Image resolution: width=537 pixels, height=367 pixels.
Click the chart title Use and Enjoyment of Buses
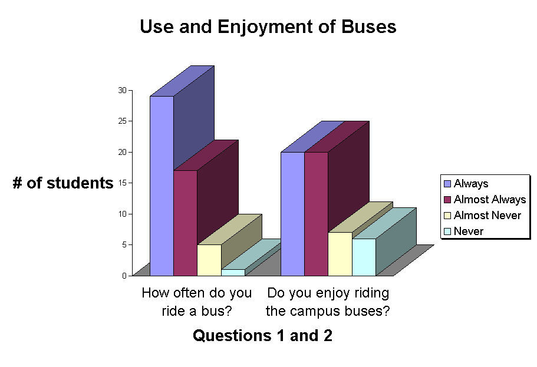click(x=268, y=27)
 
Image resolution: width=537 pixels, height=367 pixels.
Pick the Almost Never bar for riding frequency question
click(x=209, y=260)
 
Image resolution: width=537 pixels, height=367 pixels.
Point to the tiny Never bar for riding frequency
click(x=232, y=272)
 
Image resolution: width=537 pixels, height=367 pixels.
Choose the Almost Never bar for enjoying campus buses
click(x=340, y=254)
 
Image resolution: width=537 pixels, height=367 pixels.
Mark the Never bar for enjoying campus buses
click(x=363, y=257)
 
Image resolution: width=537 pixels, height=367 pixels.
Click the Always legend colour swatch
click(x=447, y=184)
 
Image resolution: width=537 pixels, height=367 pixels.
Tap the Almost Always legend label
click(x=489, y=200)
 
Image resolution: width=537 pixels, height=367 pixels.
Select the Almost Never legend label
click(x=487, y=216)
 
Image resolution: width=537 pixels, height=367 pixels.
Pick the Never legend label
click(x=468, y=232)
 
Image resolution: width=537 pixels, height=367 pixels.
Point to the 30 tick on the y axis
click(x=122, y=90)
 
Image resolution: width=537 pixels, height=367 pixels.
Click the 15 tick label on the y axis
click(x=122, y=183)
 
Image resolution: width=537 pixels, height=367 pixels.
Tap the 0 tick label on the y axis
click(x=124, y=275)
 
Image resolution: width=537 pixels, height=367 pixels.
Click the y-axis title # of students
click(x=63, y=183)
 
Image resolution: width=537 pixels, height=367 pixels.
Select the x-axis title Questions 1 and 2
click(x=262, y=336)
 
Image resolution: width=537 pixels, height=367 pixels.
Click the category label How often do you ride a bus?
click(x=196, y=302)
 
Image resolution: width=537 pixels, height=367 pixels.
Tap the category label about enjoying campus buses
click(x=328, y=302)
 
